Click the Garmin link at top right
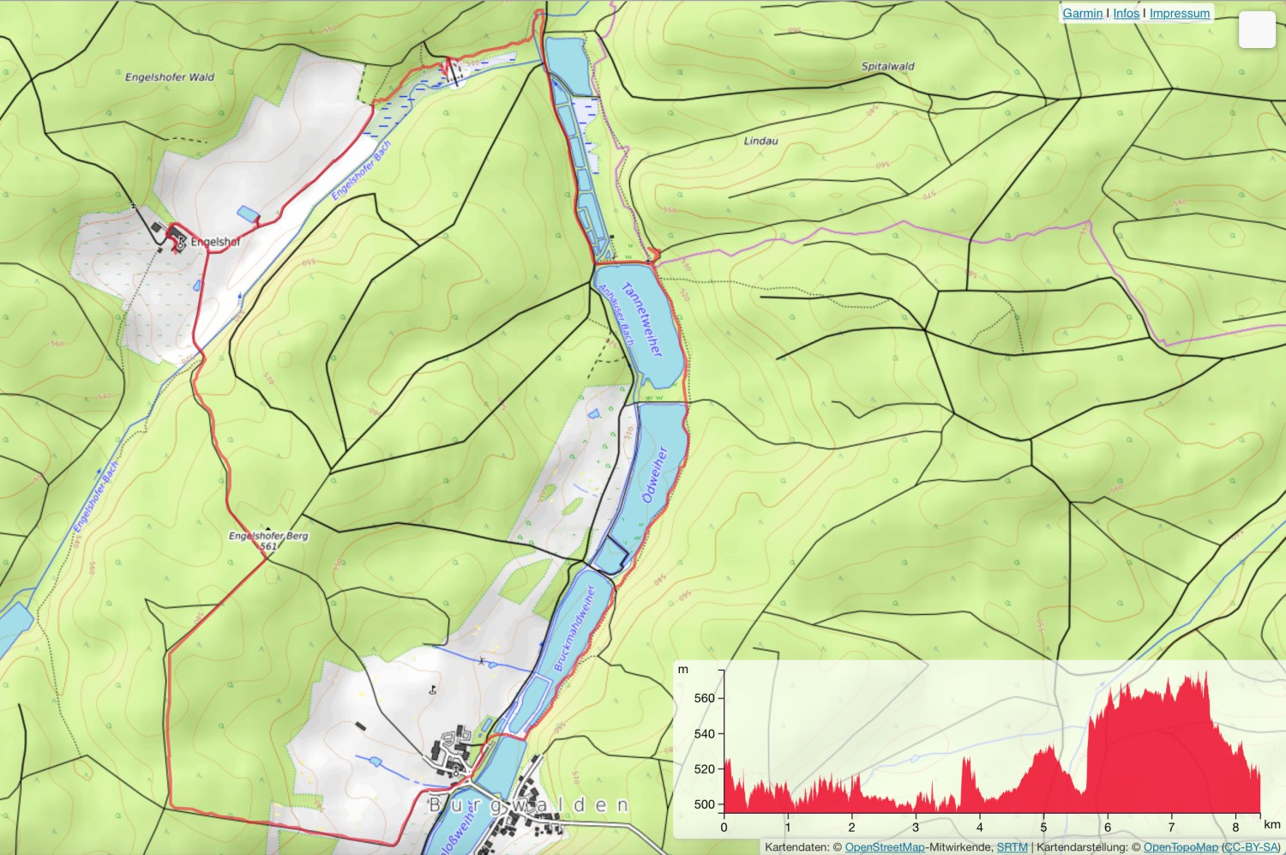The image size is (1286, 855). click(x=1082, y=14)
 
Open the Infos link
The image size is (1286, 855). click(x=1126, y=14)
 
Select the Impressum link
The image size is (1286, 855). click(x=1179, y=14)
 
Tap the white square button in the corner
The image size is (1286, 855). click(x=1257, y=30)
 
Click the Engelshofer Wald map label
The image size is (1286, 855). click(x=170, y=77)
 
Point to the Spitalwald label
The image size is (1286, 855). click(x=887, y=66)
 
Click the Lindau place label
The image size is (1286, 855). click(x=760, y=141)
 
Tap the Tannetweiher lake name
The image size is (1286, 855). click(x=643, y=319)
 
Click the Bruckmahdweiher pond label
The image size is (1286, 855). click(x=574, y=629)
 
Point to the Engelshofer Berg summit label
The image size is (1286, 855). click(x=268, y=536)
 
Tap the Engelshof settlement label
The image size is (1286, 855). click(x=215, y=243)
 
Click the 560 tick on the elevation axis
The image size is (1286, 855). click(x=704, y=698)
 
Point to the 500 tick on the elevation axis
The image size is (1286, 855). click(x=704, y=804)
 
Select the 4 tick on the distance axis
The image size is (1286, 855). click(x=980, y=828)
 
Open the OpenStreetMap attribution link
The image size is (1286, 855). click(x=884, y=847)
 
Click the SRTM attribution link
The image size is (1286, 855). click(x=1012, y=847)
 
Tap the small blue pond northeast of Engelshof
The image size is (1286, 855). click(x=246, y=213)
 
